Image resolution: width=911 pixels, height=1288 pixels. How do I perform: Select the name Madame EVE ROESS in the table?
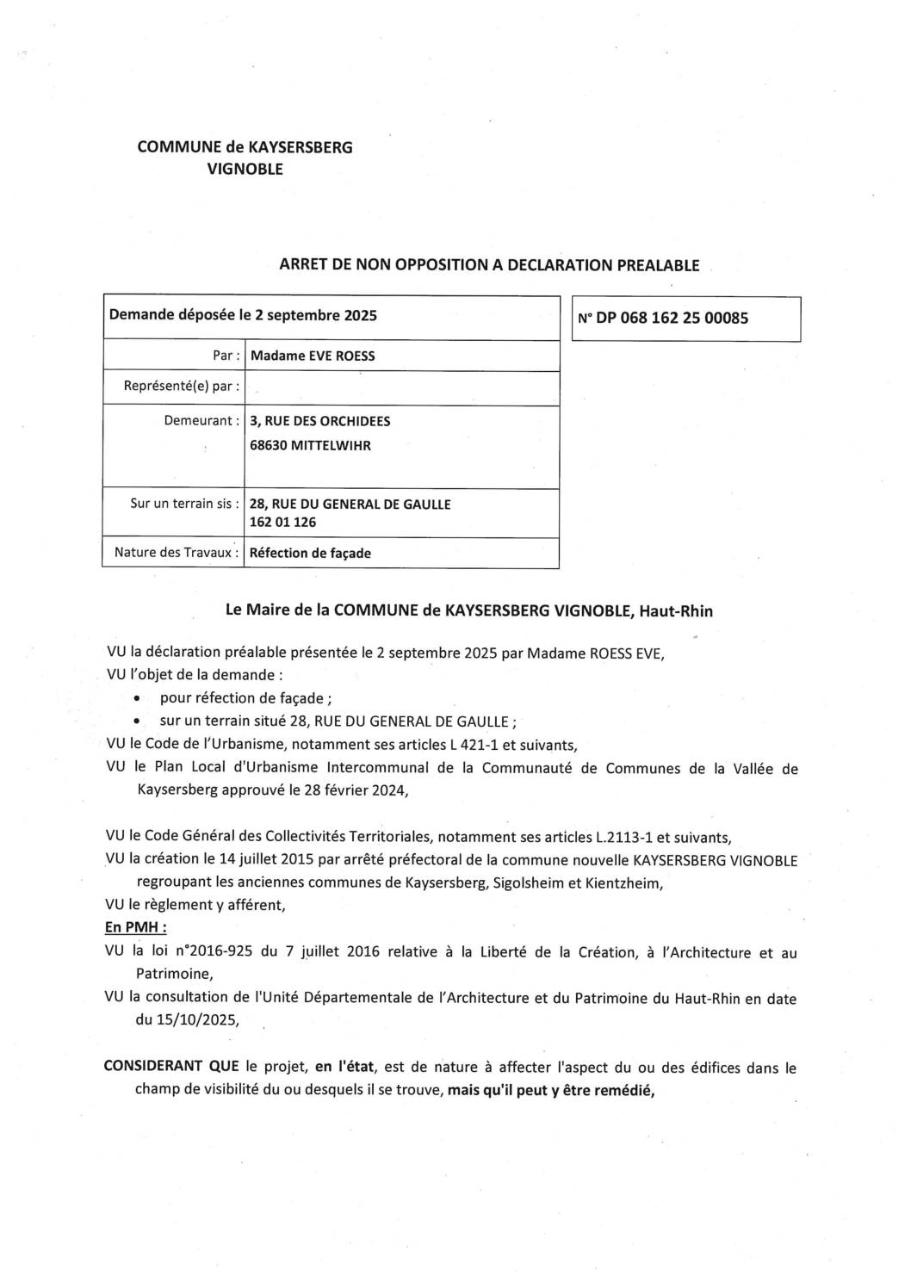pyautogui.click(x=312, y=356)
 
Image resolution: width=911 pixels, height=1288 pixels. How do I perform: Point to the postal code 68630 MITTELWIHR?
pyautogui.click(x=310, y=446)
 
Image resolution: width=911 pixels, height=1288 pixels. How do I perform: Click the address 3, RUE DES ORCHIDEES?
pyautogui.click(x=319, y=421)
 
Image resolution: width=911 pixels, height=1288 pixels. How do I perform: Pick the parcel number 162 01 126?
pyautogui.click(x=282, y=522)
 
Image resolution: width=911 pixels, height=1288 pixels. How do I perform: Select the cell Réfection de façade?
pyautogui.click(x=310, y=553)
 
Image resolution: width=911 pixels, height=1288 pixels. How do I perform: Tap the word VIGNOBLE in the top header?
pyautogui.click(x=245, y=170)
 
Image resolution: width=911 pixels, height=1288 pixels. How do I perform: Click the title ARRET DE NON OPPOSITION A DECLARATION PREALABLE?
pyautogui.click(x=489, y=265)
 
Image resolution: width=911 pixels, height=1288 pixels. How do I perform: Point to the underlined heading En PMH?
pyautogui.click(x=135, y=927)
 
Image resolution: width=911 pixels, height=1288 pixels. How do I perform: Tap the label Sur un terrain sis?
pyautogui.click(x=181, y=504)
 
